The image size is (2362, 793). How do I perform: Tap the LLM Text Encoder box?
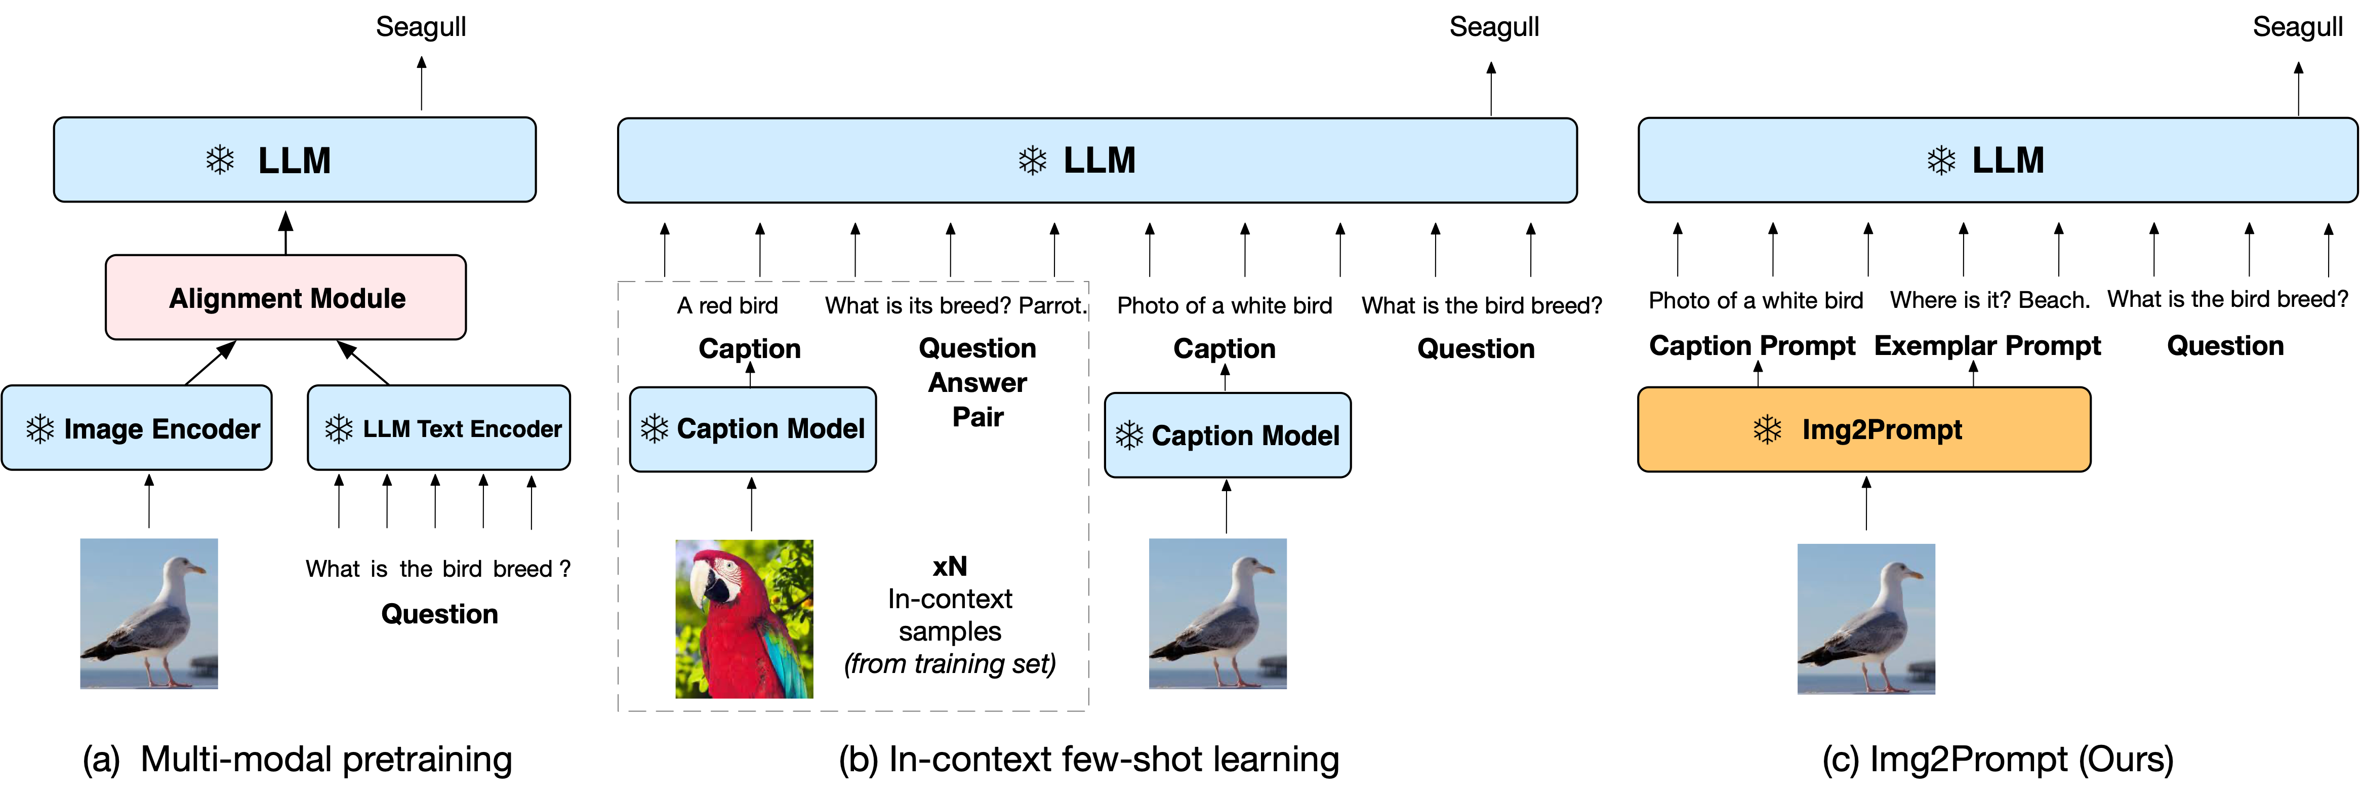tap(439, 428)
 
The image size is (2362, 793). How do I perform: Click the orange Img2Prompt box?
tap(1863, 429)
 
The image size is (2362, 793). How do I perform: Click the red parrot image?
tap(744, 619)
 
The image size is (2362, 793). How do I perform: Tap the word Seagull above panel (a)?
tap(421, 27)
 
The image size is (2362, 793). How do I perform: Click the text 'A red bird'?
tap(727, 305)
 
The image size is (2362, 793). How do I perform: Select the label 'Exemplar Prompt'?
tap(1987, 346)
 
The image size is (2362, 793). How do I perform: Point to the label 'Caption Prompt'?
tap(1752, 346)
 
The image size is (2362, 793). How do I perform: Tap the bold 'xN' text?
tap(950, 567)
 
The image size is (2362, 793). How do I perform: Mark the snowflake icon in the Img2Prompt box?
tap(1767, 429)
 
